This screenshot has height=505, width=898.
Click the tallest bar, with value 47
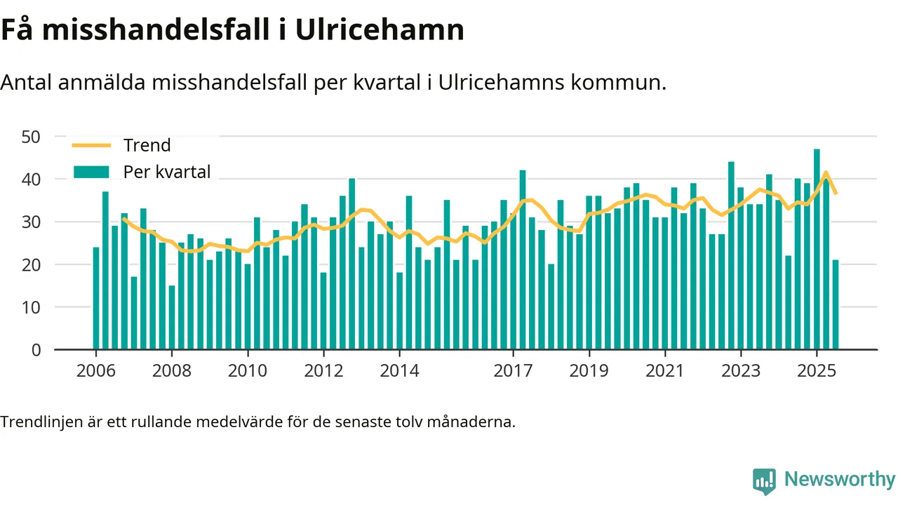click(x=817, y=249)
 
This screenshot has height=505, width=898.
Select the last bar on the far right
click(x=836, y=304)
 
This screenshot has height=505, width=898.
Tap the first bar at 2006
click(x=96, y=298)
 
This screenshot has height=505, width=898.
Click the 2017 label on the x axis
click(x=513, y=370)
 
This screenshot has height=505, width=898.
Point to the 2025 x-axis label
click(x=817, y=370)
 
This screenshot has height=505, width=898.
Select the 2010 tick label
click(x=248, y=370)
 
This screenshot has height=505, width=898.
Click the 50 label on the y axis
click(x=32, y=136)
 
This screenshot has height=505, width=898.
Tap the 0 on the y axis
click(x=36, y=350)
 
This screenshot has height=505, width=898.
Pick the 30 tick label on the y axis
click(x=32, y=222)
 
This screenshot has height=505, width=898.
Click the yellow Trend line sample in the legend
click(x=91, y=145)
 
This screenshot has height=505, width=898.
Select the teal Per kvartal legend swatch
click(x=91, y=172)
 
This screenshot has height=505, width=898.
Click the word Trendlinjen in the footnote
click(x=39, y=422)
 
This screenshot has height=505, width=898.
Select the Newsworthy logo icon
click(x=764, y=480)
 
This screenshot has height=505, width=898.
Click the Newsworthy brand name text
click(x=840, y=480)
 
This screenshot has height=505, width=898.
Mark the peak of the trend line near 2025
click(x=826, y=173)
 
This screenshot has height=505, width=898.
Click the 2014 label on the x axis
click(x=399, y=370)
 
